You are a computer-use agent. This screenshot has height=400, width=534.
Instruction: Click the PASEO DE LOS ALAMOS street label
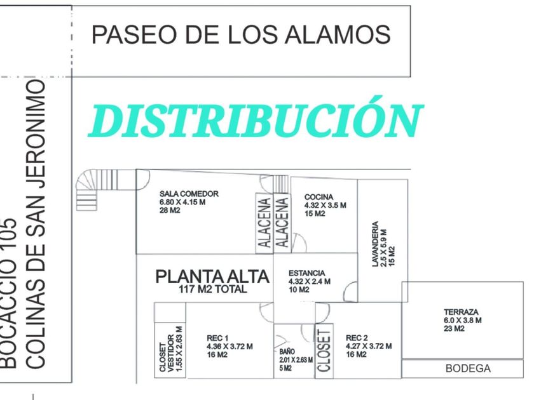241,34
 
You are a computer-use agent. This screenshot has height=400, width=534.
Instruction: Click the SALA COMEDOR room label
189,194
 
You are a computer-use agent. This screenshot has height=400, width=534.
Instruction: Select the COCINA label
318,197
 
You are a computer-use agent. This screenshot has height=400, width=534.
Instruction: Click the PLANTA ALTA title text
213,277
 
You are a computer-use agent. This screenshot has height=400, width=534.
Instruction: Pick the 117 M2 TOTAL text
213,290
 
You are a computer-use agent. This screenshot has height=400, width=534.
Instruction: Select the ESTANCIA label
307,273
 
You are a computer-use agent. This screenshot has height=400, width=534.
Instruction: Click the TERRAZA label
462,312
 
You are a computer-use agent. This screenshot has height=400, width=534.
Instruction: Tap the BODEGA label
468,368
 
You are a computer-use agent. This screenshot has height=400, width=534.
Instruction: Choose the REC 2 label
357,338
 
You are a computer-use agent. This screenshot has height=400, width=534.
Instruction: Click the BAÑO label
287,351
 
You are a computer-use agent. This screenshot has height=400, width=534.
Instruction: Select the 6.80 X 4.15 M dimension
182,203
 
